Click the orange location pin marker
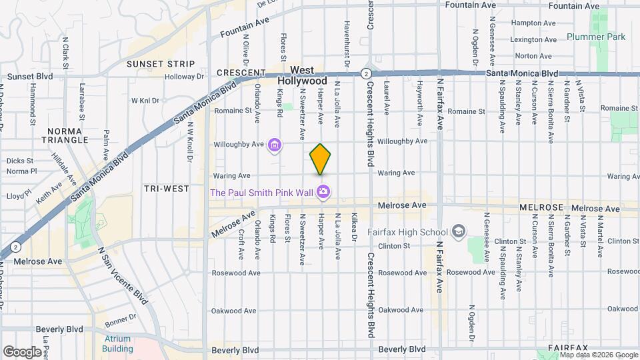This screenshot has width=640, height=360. coord(320,159)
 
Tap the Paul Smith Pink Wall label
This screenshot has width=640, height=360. coord(263,193)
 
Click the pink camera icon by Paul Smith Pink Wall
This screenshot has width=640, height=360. coord(323,193)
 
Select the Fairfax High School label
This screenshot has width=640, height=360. coord(407,232)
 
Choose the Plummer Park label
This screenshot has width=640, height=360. coord(596,37)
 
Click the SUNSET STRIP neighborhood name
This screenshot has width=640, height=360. coord(160,64)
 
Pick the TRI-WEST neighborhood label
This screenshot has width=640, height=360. coord(167,189)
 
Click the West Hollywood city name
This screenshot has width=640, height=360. coord(302,75)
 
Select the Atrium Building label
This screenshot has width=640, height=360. coord(118,343)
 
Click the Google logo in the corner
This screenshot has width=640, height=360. coord(22,351)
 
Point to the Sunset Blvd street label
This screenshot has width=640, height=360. coord(27,77)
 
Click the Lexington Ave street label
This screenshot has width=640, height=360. coord(533,40)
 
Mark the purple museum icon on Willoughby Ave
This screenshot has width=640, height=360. coord(274,144)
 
